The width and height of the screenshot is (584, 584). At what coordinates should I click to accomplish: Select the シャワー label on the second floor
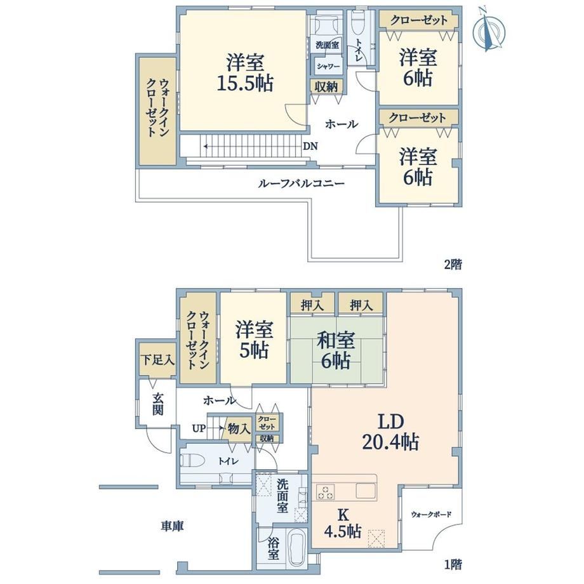pos(328,66)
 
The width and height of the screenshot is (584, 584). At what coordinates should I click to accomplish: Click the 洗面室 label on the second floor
pos(327,45)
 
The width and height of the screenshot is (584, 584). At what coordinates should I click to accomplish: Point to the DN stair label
pos(310,147)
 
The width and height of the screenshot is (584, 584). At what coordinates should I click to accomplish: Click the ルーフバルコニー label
pos(301,183)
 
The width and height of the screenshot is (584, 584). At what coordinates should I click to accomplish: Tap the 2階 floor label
pos(453,265)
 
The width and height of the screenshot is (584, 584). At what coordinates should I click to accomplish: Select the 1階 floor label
pos(453,564)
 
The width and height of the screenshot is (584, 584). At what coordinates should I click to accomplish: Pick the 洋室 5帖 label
pos(254,340)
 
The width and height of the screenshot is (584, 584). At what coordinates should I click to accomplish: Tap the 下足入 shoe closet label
pos(157,360)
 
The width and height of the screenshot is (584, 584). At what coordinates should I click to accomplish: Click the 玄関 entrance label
pos(157,404)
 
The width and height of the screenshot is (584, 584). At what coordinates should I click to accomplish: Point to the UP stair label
pos(199,428)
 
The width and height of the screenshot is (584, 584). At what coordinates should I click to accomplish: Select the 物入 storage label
pos(239,428)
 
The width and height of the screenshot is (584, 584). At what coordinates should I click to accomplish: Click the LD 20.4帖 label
pos(390,432)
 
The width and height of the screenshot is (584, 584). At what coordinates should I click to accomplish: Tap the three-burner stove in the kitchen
pos(326,491)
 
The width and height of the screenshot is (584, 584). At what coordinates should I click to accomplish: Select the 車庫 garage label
pos(173,526)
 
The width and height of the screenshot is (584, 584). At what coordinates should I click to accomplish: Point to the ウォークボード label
pos(431,514)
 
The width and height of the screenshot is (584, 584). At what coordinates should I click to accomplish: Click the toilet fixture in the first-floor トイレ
pos(192,460)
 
